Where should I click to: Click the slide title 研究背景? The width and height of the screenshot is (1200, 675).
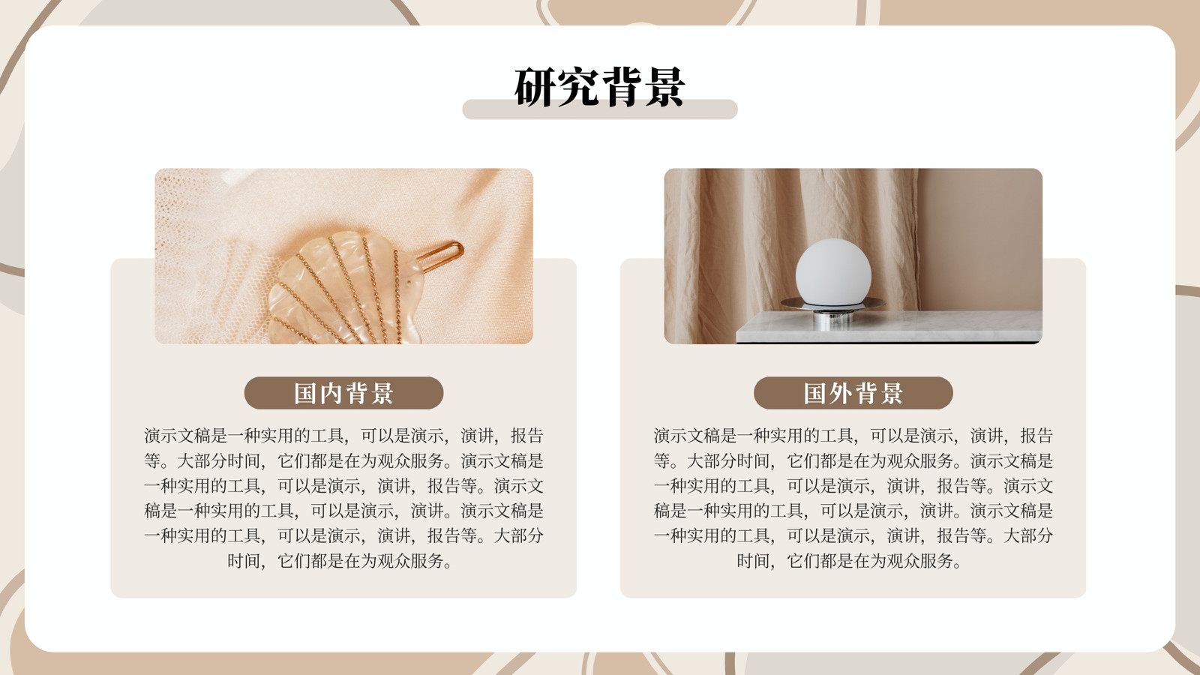pyautogui.click(x=599, y=87)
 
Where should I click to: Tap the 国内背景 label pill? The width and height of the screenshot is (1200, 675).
pyautogui.click(x=344, y=393)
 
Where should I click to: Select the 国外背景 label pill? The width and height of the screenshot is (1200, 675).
pyautogui.click(x=853, y=393)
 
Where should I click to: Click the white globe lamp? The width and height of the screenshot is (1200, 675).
pyautogui.click(x=833, y=273)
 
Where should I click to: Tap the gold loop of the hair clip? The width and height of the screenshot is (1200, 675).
pyautogui.click(x=440, y=256)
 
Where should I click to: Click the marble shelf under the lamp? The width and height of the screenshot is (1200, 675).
pyautogui.click(x=889, y=327)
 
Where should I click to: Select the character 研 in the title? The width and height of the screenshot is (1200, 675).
pyautogui.click(x=535, y=87)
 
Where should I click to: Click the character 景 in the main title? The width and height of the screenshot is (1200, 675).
pyautogui.click(x=664, y=87)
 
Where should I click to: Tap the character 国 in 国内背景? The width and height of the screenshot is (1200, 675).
pyautogui.click(x=304, y=393)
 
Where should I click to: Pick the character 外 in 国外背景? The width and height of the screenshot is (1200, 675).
pyautogui.click(x=841, y=393)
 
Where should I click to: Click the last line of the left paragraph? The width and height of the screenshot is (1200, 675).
pyautogui.click(x=340, y=561)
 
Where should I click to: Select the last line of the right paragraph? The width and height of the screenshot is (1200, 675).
pyautogui.click(x=849, y=561)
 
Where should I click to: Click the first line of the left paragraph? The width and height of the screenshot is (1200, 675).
pyautogui.click(x=344, y=436)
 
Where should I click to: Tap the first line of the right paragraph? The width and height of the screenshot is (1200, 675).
pyautogui.click(x=853, y=436)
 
